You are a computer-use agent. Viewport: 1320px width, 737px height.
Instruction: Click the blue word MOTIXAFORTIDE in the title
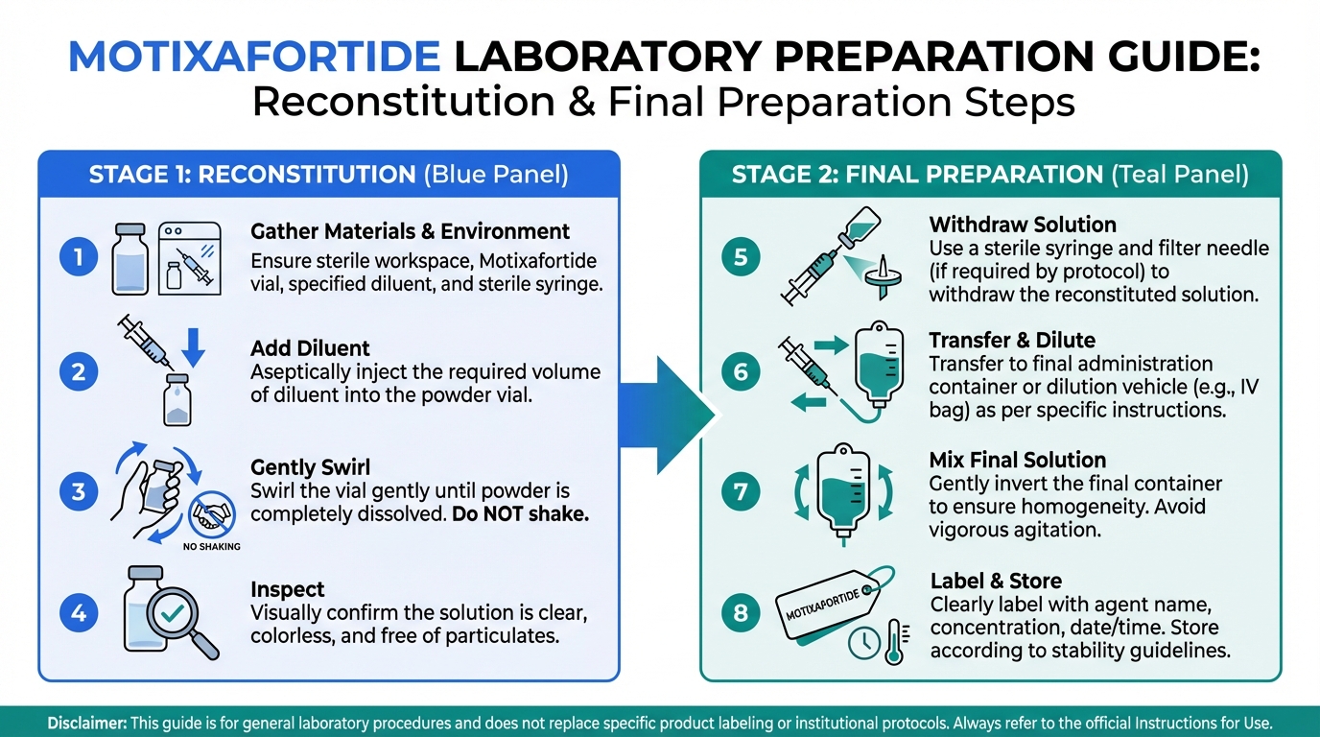(x=254, y=57)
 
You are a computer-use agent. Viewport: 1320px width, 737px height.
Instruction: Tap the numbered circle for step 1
(x=79, y=257)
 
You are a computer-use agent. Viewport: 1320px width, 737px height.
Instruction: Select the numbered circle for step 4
(x=79, y=613)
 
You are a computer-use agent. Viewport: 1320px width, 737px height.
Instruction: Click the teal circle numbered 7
(x=741, y=491)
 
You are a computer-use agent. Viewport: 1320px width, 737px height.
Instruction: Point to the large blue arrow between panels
(x=668, y=416)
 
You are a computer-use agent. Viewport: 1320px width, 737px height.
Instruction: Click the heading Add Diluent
(x=310, y=348)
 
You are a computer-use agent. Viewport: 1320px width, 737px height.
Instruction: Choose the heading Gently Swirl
(x=311, y=467)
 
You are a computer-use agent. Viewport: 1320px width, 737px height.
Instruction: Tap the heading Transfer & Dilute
(x=1012, y=341)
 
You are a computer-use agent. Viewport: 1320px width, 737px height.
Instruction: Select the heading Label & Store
(x=996, y=581)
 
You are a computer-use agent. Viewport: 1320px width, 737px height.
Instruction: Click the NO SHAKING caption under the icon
(x=212, y=547)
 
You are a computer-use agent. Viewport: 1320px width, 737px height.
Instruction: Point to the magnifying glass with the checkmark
(x=181, y=622)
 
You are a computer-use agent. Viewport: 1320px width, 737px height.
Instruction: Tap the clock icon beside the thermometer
(x=864, y=643)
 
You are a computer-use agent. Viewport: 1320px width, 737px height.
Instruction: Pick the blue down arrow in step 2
(x=193, y=347)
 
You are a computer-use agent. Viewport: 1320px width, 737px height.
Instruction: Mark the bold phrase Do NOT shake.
(x=520, y=514)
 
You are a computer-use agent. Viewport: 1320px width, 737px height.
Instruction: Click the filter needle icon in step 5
(x=883, y=276)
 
